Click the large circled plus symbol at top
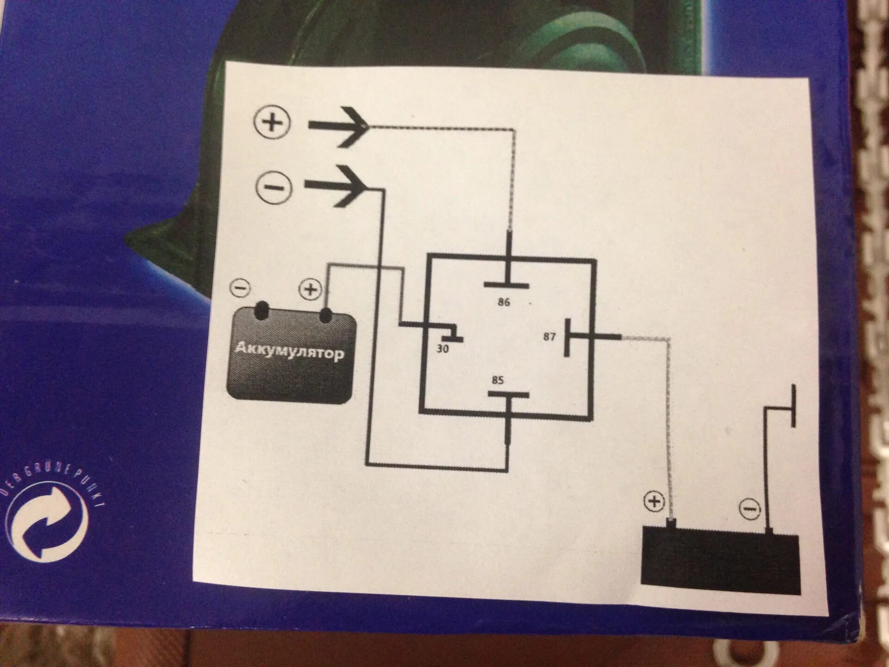pyautogui.click(x=272, y=122)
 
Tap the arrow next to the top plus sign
pyautogui.click(x=339, y=126)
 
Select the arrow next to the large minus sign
pyautogui.click(x=337, y=187)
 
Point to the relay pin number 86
pyautogui.click(x=504, y=302)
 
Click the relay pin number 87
pyautogui.click(x=549, y=337)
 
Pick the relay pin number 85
pyautogui.click(x=498, y=380)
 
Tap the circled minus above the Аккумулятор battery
pyautogui.click(x=240, y=288)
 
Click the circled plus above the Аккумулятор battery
pyautogui.click(x=310, y=289)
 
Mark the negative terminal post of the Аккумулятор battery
pyautogui.click(x=262, y=310)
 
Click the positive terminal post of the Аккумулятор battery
pyautogui.click(x=326, y=315)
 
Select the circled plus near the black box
pyautogui.click(x=654, y=501)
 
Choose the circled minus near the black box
pyautogui.click(x=750, y=509)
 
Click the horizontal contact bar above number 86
pyautogui.click(x=507, y=285)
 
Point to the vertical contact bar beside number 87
pyautogui.click(x=567, y=337)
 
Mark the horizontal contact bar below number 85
pyautogui.click(x=508, y=395)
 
